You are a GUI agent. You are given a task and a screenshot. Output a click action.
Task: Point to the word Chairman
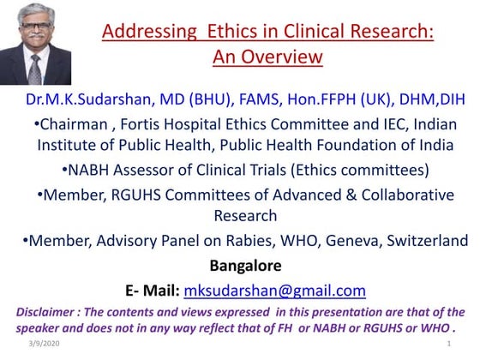pyautogui.click(x=75, y=124)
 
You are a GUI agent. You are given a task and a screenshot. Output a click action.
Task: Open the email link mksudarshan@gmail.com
pyautogui.click(x=274, y=290)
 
